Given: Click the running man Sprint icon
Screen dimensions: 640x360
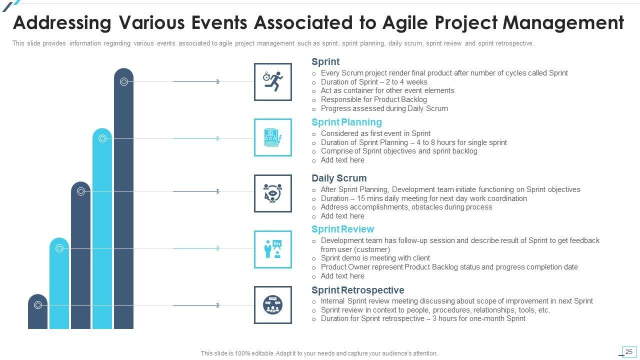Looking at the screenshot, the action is pyautogui.click(x=273, y=81).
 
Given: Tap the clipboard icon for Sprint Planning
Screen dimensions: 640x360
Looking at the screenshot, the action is pyautogui.click(x=273, y=137).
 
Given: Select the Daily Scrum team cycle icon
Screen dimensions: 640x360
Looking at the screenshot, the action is pyautogui.click(x=273, y=193).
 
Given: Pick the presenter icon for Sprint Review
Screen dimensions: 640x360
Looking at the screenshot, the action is pyautogui.click(x=273, y=249).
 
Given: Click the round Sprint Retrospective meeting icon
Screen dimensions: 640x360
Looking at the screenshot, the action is pyautogui.click(x=273, y=304).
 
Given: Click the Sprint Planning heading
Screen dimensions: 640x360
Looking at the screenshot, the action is pyautogui.click(x=346, y=122).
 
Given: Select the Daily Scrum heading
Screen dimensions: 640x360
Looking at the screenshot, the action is pyautogui.click(x=339, y=178).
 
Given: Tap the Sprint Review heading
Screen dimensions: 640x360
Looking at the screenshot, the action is pyautogui.click(x=342, y=229).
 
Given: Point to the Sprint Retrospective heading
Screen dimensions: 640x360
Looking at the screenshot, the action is pyautogui.click(x=357, y=290).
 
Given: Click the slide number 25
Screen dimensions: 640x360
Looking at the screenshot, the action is pyautogui.click(x=628, y=351).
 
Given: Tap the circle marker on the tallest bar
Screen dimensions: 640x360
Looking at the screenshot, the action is pyautogui.click(x=123, y=81).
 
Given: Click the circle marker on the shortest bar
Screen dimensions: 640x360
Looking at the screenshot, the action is pyautogui.click(x=37, y=305).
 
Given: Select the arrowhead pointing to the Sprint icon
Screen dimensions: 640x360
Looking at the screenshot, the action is pyautogui.click(x=218, y=81).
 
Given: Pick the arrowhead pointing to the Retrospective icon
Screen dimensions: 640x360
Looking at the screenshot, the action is pyautogui.click(x=218, y=305).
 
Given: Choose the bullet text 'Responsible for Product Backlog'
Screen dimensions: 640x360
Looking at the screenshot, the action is pyautogui.click(x=373, y=99).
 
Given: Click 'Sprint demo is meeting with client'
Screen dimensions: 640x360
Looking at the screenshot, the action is pyautogui.click(x=375, y=258).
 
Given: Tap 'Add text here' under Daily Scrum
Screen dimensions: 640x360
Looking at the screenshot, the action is pyautogui.click(x=342, y=216).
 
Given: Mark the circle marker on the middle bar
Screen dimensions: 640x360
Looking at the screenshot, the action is pyautogui.click(x=81, y=191).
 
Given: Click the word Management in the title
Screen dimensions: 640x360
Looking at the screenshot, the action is pyautogui.click(x=563, y=23).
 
